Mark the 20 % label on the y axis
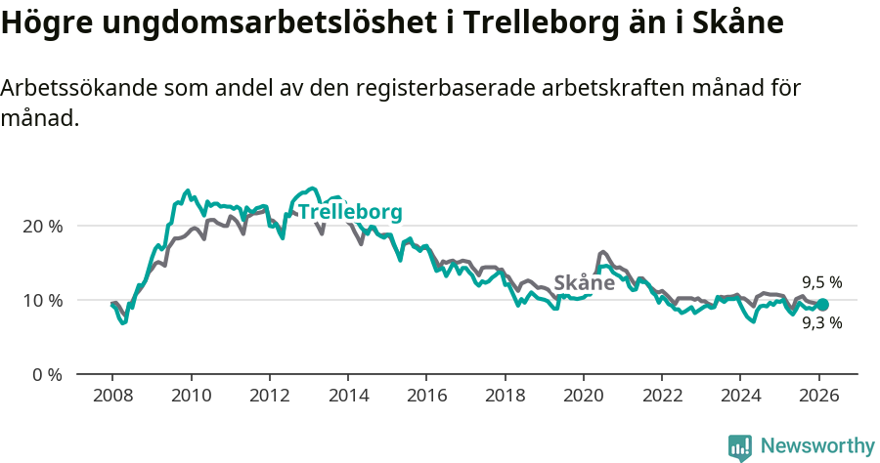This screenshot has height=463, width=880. [42, 226]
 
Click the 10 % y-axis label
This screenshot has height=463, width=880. [42, 300]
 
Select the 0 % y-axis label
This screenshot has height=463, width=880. [46, 374]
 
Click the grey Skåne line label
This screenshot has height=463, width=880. [584, 283]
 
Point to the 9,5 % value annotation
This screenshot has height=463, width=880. [821, 283]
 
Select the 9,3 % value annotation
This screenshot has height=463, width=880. [821, 323]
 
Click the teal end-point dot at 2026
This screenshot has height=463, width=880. [822, 305]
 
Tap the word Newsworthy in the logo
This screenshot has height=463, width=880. [817, 446]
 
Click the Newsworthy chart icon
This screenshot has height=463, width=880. [740, 447]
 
